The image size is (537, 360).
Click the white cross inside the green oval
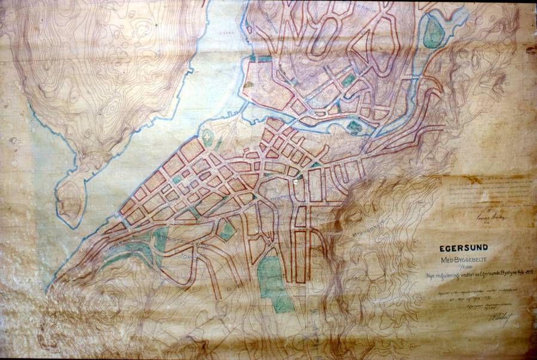[208, 137]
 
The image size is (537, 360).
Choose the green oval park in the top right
[434, 34]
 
